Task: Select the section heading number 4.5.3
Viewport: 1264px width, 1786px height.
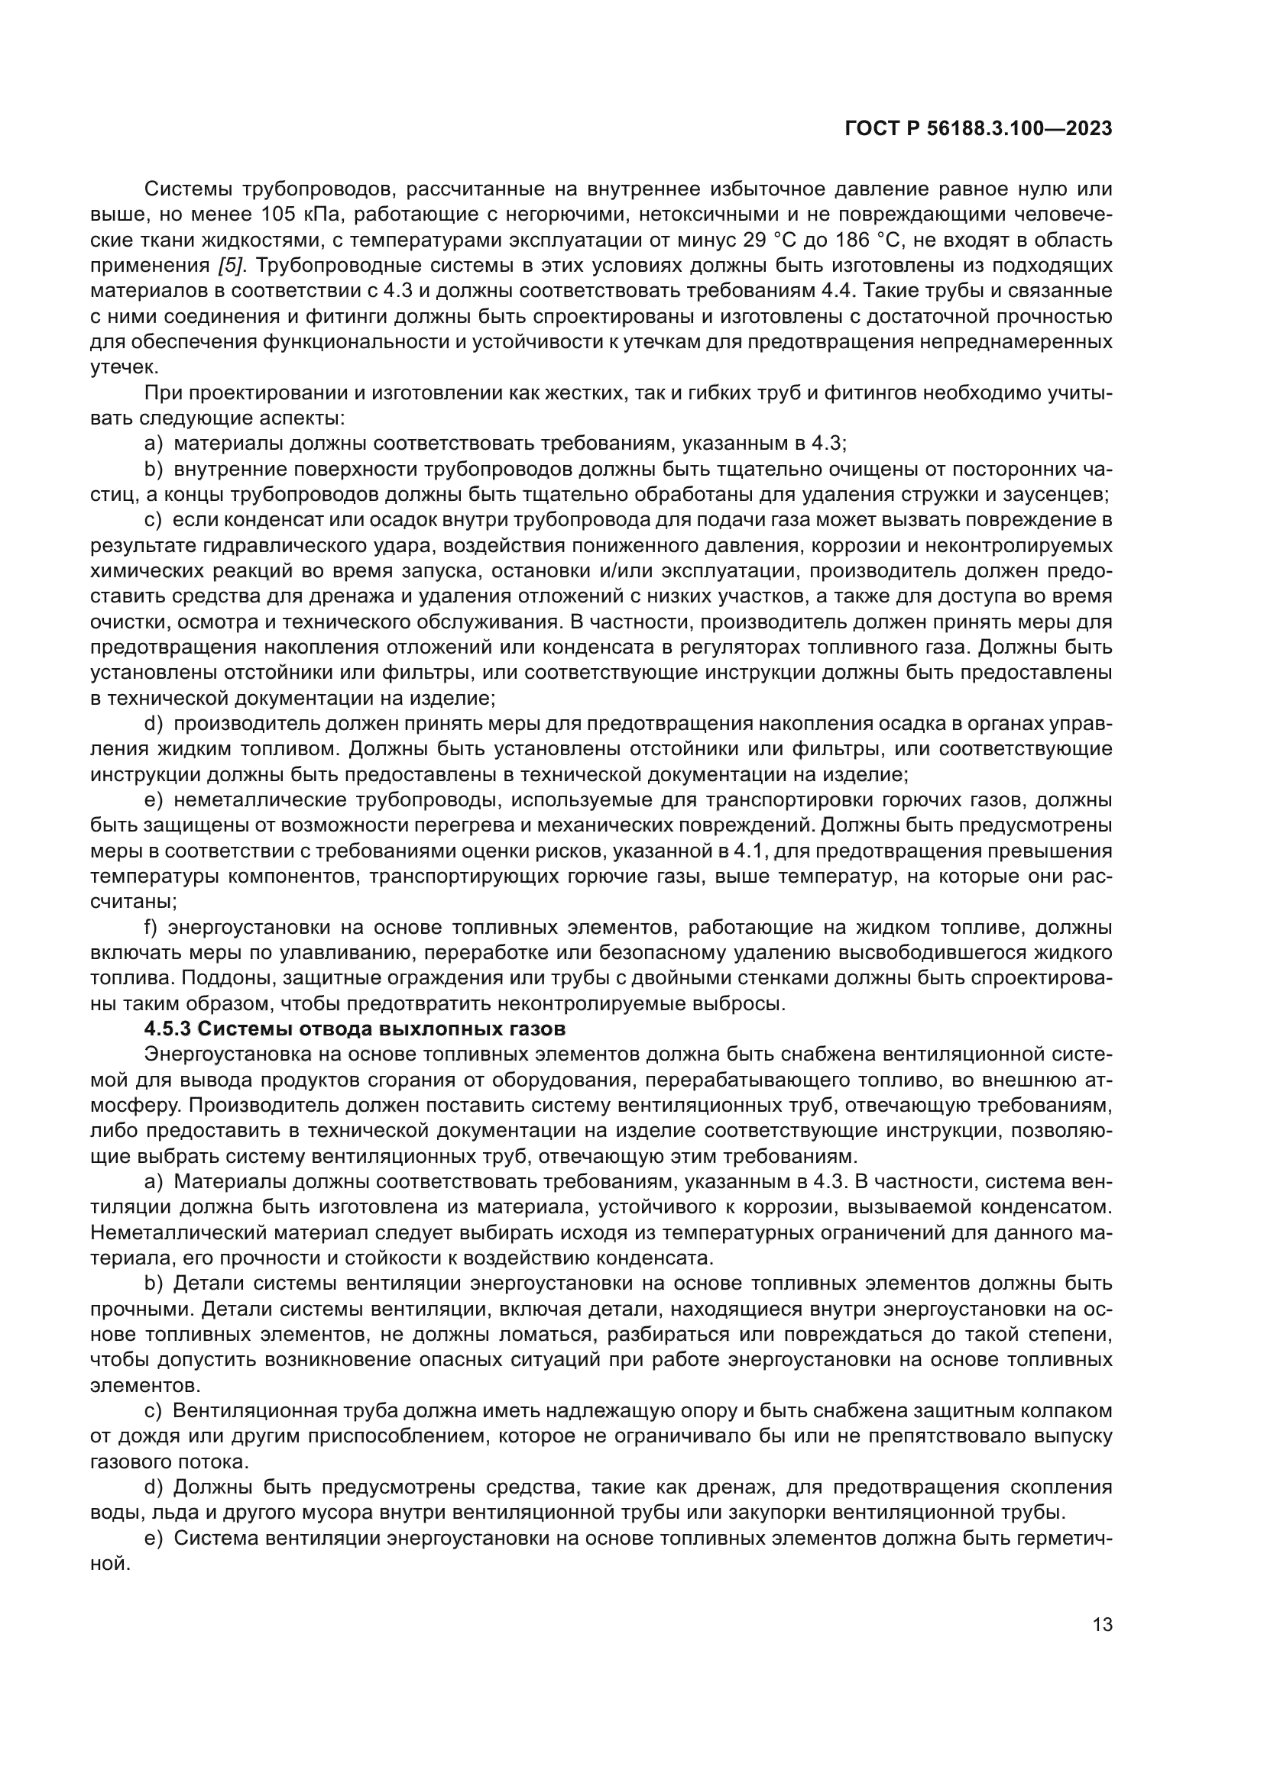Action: point(167,1029)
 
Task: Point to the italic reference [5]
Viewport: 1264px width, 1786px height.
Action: point(231,265)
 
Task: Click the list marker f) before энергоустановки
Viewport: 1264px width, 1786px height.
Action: point(152,927)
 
